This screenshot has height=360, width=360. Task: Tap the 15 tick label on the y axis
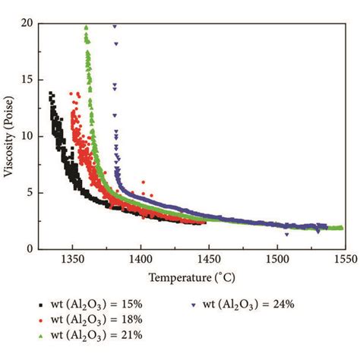27,80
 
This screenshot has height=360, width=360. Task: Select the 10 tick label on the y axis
27,136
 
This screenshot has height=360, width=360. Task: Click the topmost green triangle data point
87,27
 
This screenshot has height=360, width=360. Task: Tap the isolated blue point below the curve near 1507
286,235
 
